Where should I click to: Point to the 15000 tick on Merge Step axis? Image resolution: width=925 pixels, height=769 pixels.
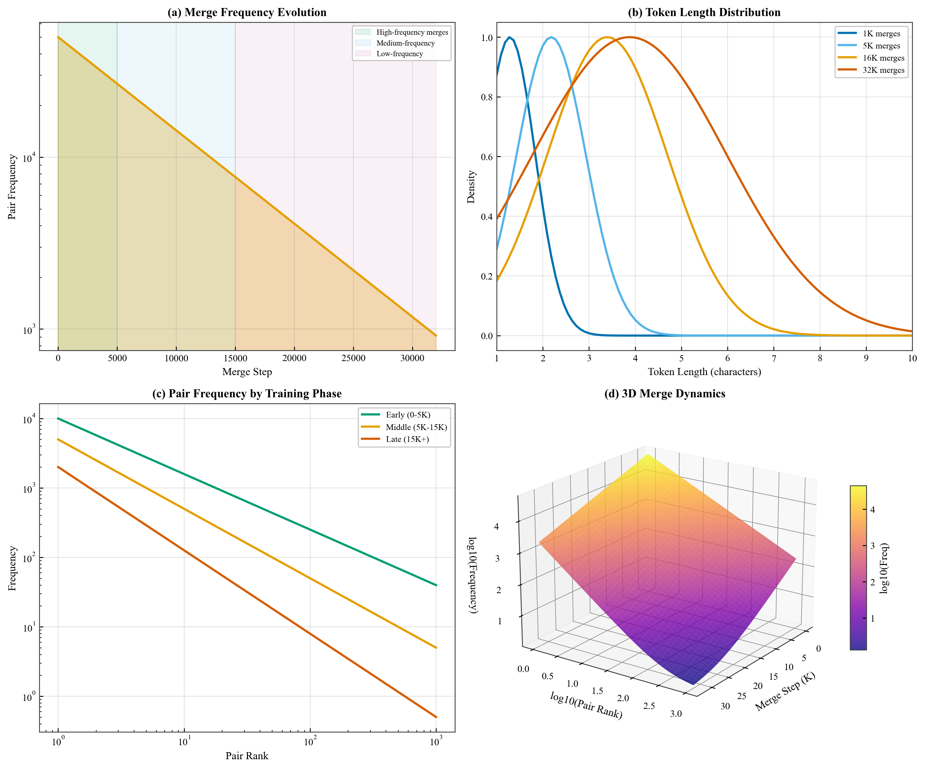(235, 358)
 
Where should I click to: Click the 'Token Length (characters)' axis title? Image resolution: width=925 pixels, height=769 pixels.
(704, 372)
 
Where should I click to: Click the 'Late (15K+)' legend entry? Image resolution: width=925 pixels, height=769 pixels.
(407, 439)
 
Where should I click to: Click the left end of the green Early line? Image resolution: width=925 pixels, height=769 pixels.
(58, 418)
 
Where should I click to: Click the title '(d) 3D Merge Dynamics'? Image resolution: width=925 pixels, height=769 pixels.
(665, 394)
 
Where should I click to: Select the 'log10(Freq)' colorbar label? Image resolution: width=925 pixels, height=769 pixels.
(884, 568)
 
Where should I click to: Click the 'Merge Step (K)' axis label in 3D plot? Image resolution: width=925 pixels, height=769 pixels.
(785, 692)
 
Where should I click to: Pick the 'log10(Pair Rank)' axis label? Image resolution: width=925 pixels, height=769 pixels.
(586, 705)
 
